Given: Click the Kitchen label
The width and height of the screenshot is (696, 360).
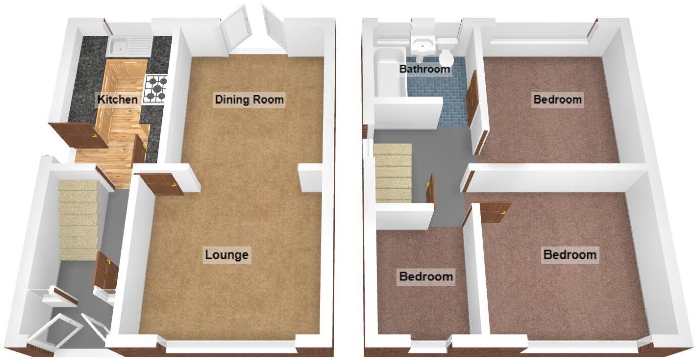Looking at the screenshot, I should [x=118, y=99].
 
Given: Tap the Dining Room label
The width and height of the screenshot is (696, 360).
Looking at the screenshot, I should [x=250, y=99].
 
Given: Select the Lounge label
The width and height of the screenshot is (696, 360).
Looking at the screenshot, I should [x=227, y=255].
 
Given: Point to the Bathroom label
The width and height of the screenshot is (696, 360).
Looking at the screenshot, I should [x=424, y=69].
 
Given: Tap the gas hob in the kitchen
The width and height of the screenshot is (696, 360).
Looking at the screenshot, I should [x=156, y=89].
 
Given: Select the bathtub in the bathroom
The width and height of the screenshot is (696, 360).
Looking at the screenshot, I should [x=390, y=73].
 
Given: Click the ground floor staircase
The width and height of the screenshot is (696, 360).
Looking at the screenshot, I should [x=78, y=220].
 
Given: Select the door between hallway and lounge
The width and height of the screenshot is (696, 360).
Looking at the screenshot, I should [x=106, y=271].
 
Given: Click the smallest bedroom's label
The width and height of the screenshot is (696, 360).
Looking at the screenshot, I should [x=425, y=277].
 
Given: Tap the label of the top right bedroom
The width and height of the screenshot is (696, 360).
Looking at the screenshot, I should [x=558, y=99].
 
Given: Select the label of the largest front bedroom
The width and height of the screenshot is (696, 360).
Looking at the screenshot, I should [x=570, y=254].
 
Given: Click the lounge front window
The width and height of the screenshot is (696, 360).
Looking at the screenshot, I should [x=230, y=346].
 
